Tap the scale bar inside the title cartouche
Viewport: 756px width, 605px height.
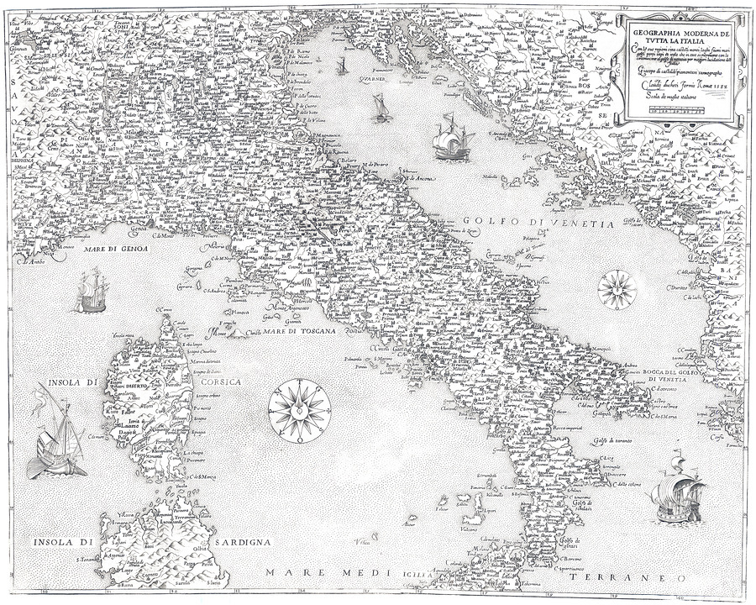(676, 108)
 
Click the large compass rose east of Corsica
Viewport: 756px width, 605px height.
(300, 410)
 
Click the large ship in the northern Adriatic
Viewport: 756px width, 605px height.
(454, 137)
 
